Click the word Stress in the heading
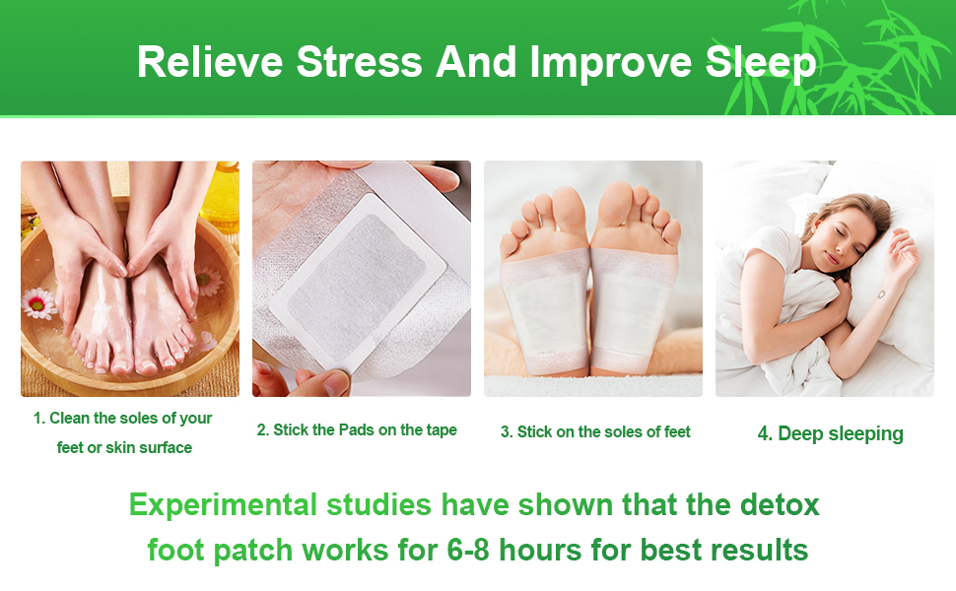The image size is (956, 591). coord(360,62)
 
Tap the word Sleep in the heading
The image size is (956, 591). coord(761,62)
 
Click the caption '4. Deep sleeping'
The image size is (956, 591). coord(830,433)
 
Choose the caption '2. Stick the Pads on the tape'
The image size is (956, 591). coord(357,430)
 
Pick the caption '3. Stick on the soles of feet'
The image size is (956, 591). coord(595,431)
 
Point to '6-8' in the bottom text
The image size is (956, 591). coord(471,549)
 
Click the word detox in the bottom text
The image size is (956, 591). coord(779,505)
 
